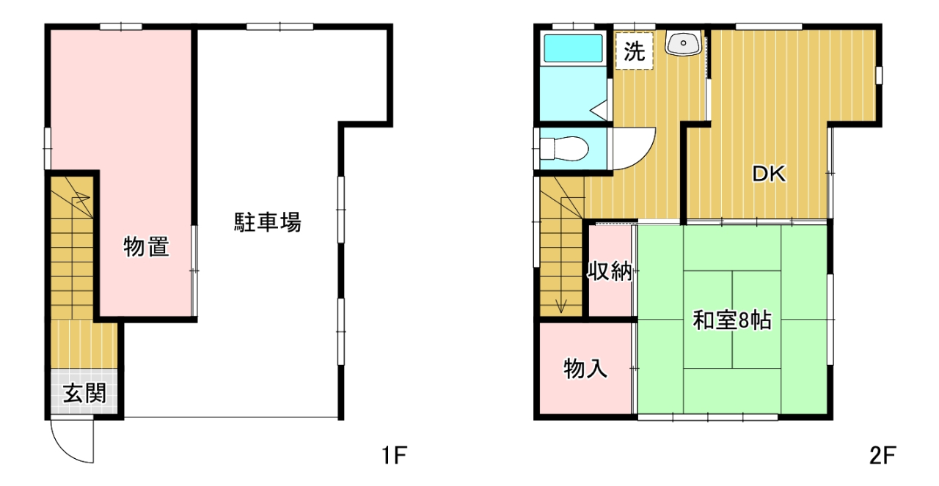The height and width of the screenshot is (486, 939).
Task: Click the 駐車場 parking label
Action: [x=267, y=222]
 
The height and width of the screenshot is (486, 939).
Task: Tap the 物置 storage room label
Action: [x=146, y=246]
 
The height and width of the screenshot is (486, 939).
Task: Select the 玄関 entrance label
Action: [x=84, y=393]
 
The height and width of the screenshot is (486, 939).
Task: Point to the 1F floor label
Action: [x=395, y=455]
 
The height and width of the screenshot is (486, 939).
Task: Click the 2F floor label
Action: [x=882, y=455]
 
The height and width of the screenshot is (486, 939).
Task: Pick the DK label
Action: [x=769, y=174]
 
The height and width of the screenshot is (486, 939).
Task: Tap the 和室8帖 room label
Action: [x=732, y=320]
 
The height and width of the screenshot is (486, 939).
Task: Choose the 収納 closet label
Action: [x=609, y=271]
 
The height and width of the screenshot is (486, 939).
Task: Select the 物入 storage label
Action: [x=585, y=369]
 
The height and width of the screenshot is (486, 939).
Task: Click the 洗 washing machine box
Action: [x=635, y=51]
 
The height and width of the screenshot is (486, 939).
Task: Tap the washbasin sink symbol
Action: [x=684, y=43]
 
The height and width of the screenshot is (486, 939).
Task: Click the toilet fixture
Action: [x=564, y=149]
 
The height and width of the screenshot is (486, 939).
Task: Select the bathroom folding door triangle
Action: [x=599, y=110]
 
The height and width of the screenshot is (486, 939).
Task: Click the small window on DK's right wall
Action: [x=879, y=76]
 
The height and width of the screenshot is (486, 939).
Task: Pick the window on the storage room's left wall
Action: [x=48, y=149]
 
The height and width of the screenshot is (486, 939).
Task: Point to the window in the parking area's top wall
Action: [x=280, y=27]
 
